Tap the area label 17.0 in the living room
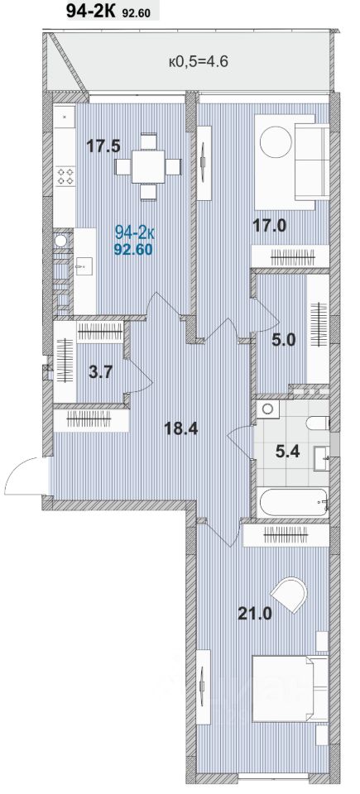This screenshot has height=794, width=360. click(x=270, y=224)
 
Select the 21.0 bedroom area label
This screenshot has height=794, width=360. click(x=256, y=615)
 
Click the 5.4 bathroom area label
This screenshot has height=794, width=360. click(x=288, y=450)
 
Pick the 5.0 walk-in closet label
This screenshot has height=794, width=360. click(x=283, y=340)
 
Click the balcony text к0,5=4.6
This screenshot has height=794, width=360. click(x=199, y=62)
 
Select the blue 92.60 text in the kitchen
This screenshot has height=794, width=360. click(x=134, y=249)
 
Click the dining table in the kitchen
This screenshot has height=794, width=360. click(x=148, y=166)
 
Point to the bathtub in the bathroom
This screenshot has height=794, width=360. click(x=293, y=502)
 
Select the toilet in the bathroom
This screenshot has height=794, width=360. click(x=318, y=423)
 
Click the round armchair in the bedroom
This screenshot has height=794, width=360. click(x=290, y=595)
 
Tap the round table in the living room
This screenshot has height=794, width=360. click(x=276, y=142)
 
